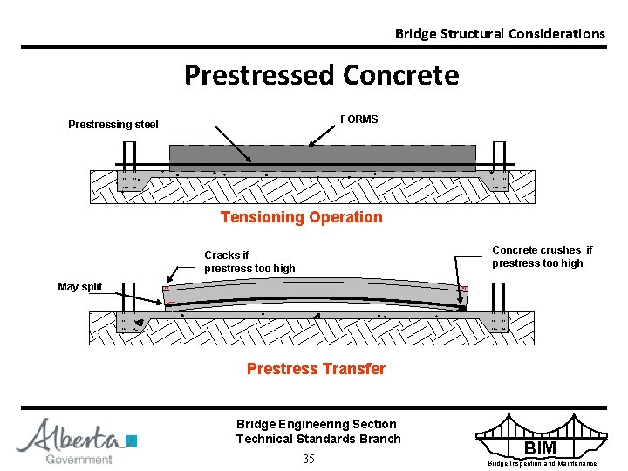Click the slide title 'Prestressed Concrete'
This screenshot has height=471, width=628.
(321, 76)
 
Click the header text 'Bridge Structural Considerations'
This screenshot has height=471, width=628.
(499, 34)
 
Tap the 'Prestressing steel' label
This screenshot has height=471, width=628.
(113, 125)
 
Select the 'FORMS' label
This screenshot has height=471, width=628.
(358, 119)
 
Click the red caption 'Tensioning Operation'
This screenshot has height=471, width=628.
(301, 217)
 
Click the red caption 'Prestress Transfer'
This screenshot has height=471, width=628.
(316, 369)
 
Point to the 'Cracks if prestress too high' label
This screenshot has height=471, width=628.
(249, 262)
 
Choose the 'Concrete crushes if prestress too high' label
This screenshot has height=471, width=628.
(542, 256)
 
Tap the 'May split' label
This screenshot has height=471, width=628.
(80, 287)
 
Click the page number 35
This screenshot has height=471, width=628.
(308, 459)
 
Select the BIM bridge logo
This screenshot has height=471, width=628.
(541, 436)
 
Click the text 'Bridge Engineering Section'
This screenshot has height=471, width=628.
(316, 424)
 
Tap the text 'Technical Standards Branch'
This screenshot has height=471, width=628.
(318, 439)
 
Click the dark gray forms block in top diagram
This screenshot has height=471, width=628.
(322, 157)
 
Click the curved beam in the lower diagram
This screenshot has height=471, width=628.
(314, 297)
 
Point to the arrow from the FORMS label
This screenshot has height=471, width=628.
(323, 134)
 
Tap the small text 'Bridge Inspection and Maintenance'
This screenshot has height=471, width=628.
(542, 463)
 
